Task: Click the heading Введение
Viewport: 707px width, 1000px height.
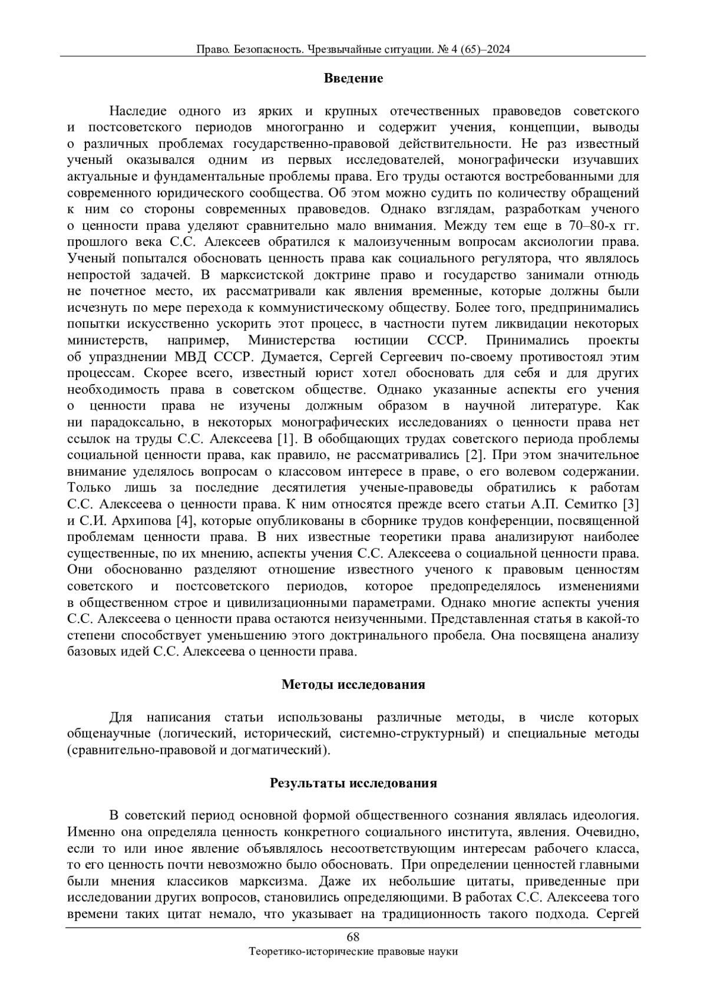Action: pyautogui.click(x=353, y=78)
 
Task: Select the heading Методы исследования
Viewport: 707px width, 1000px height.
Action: pyautogui.click(x=353, y=684)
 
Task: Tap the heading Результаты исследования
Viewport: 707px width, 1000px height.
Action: pyautogui.click(x=353, y=783)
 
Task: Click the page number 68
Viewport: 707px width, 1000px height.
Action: pyautogui.click(x=353, y=938)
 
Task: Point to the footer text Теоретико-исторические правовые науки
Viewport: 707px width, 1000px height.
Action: pyautogui.click(x=353, y=951)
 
